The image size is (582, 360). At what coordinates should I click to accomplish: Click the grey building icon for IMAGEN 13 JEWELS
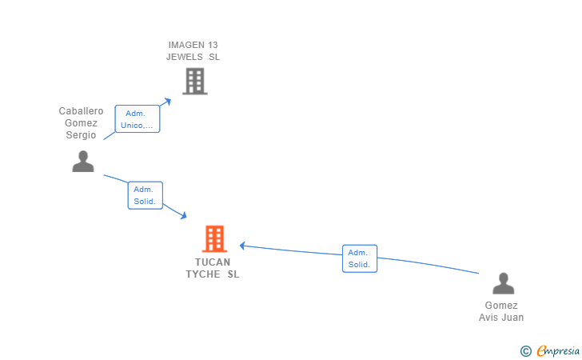pyautogui.click(x=194, y=81)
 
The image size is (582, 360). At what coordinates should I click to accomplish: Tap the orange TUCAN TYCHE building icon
pyautogui.click(x=214, y=238)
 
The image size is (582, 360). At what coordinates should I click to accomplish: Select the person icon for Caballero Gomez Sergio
pyautogui.click(x=83, y=161)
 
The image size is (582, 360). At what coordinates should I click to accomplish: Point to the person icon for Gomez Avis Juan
pyautogui.click(x=503, y=284)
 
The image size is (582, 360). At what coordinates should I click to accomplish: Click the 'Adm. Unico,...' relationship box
pyautogui.click(x=137, y=119)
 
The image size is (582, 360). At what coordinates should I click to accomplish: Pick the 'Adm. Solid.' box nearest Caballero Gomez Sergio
pyautogui.click(x=145, y=195)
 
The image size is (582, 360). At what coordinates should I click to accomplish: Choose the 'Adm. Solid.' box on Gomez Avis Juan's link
pyautogui.click(x=359, y=258)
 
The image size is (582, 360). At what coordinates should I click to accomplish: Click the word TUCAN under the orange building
pyautogui.click(x=213, y=262)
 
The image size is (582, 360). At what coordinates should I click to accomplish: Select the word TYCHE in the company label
pyautogui.click(x=204, y=274)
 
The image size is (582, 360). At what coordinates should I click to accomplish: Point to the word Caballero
pyautogui.click(x=81, y=111)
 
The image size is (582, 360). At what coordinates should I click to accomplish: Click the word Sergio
pyautogui.click(x=81, y=135)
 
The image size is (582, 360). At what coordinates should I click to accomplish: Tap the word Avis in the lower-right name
pyautogui.click(x=490, y=318)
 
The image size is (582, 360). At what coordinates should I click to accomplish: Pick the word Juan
pyautogui.click(x=513, y=318)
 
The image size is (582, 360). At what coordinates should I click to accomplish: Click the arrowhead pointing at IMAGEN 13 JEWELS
pyautogui.click(x=168, y=101)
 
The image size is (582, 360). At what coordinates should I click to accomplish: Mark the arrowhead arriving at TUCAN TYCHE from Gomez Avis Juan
pyautogui.click(x=242, y=246)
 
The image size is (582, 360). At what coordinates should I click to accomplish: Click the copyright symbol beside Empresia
pyautogui.click(x=525, y=350)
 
